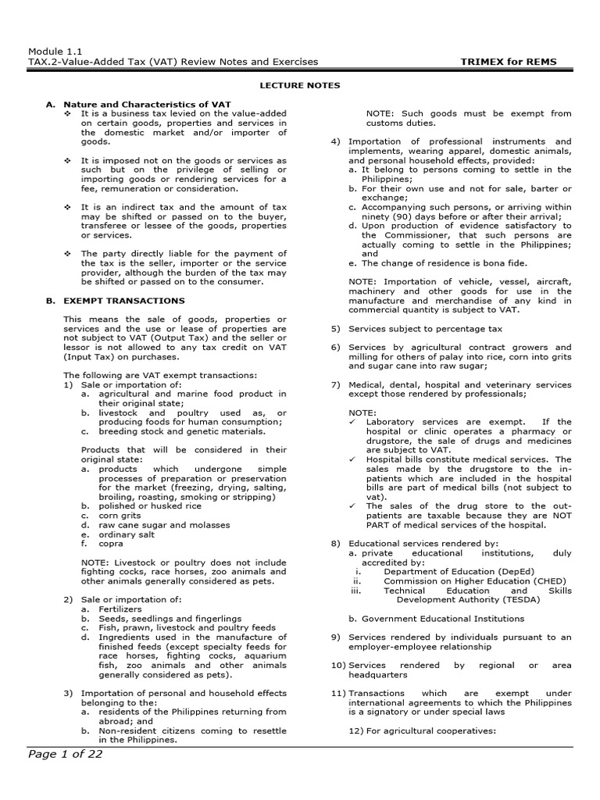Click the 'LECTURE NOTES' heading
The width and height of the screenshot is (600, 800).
click(300, 85)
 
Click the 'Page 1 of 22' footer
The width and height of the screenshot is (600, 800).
click(66, 754)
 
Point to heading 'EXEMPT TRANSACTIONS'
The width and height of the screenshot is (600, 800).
click(124, 301)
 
